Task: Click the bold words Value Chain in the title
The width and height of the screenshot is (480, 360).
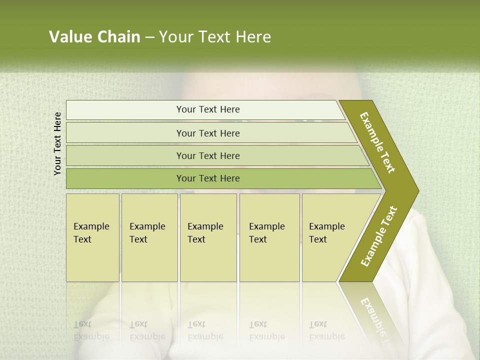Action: [94, 37]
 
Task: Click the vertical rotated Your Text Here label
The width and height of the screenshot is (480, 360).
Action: [57, 143]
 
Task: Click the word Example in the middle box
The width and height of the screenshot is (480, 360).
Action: [205, 226]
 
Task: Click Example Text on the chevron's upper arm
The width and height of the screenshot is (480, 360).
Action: [377, 142]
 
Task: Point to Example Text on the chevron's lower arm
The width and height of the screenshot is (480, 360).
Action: [378, 236]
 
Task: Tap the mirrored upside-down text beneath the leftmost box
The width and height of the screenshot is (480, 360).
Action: [91, 330]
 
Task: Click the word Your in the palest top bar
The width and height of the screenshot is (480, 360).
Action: [185, 109]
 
